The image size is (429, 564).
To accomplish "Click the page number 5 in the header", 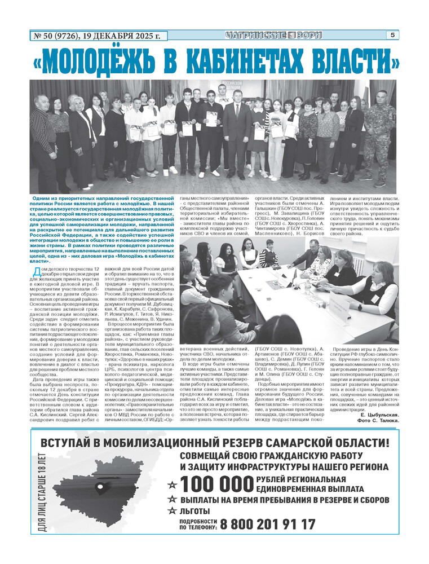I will coord(392,35).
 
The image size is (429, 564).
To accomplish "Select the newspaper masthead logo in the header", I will coord(273,35).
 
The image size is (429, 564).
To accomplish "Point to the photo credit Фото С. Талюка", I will coord(378,421).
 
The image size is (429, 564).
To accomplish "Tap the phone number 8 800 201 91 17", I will coord(268,524).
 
